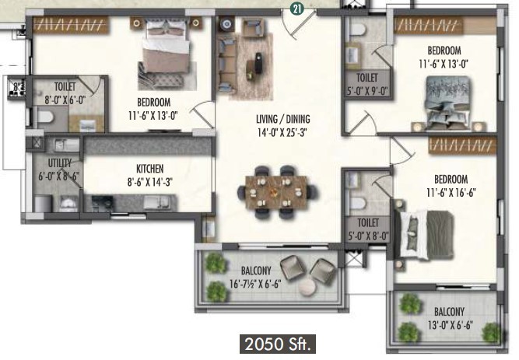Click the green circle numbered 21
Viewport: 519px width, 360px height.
tap(297, 9)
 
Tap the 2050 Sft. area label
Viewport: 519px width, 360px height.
tap(277, 344)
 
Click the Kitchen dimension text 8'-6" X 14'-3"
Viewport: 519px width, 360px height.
tap(150, 182)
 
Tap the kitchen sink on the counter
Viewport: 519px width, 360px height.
tap(157, 202)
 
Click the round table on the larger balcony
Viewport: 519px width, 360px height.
tap(307, 287)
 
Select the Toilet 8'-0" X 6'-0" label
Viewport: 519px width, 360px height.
tap(65, 93)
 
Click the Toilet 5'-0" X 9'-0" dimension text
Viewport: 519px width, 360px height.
tap(367, 91)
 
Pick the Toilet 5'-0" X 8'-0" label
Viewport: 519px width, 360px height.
tap(368, 229)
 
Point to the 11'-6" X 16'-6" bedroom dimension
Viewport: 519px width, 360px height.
tap(451, 193)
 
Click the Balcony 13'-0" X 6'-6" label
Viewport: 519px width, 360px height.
tap(449, 318)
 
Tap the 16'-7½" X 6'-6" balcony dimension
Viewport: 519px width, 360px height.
tap(255, 284)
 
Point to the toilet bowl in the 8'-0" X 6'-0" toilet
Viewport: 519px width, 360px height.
tap(45, 116)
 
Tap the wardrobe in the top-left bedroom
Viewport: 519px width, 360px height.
tap(71, 25)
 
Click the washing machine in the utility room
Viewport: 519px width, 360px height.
tap(68, 203)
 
